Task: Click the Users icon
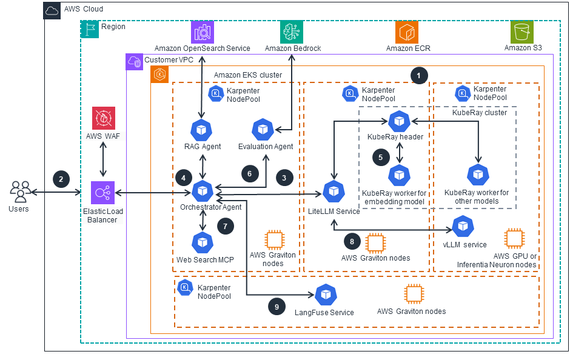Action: (21, 192)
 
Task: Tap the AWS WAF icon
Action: (103, 119)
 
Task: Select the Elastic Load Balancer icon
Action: (103, 193)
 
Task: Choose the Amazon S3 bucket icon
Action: (521, 32)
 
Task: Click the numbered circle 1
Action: (418, 75)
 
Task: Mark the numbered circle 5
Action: (380, 156)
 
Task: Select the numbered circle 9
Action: (277, 307)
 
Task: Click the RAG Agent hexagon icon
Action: (201, 130)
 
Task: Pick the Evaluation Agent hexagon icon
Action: (263, 129)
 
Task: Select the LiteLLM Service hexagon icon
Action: (333, 192)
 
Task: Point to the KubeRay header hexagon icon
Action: (399, 121)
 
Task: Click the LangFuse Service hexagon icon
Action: (326, 295)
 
